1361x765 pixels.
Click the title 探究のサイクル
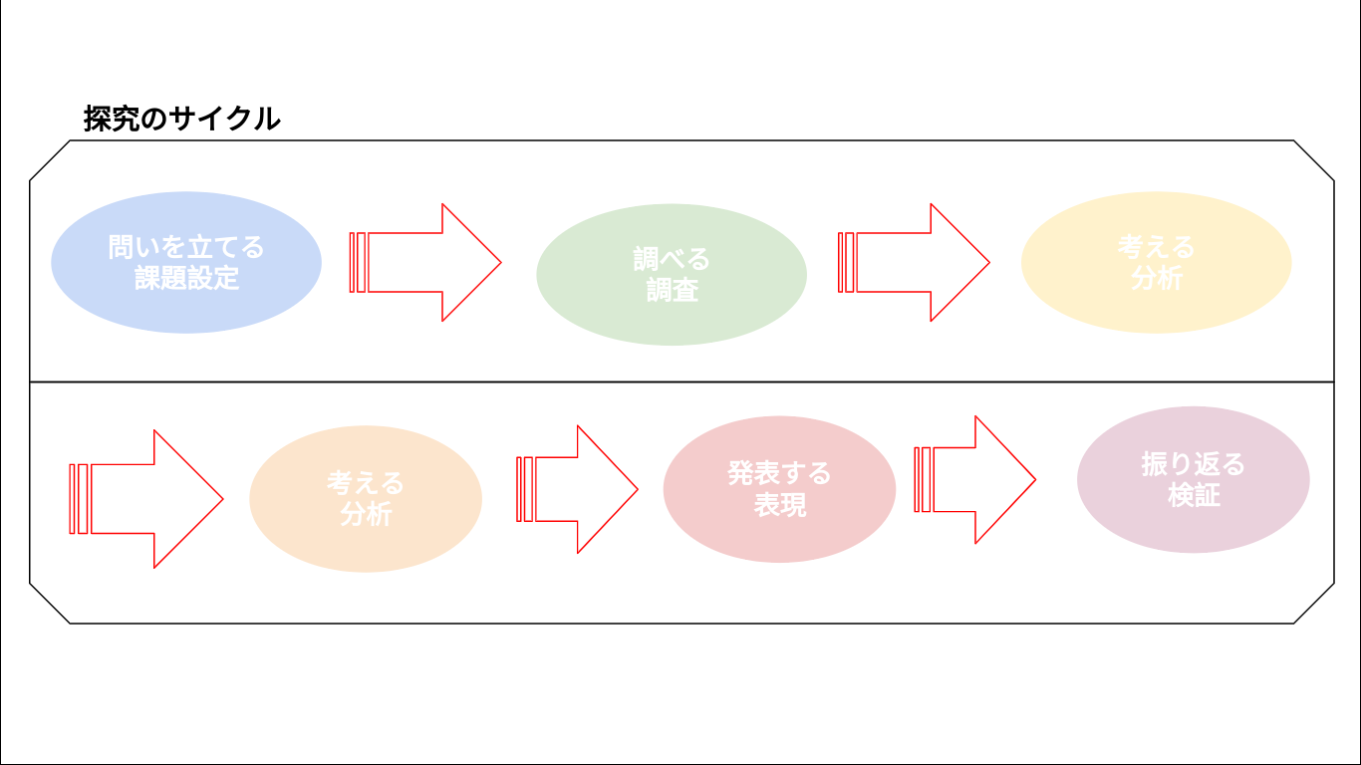(x=181, y=119)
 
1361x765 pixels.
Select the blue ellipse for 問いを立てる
(x=186, y=263)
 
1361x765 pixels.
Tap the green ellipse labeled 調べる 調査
(x=672, y=275)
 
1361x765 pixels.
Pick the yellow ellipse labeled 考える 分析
(x=1156, y=263)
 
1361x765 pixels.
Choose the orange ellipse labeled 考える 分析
(x=366, y=499)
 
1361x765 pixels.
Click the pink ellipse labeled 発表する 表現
(x=779, y=489)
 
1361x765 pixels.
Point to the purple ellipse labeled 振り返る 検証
(x=1194, y=479)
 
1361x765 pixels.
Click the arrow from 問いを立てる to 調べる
(x=425, y=263)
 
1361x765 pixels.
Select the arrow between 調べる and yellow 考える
(x=914, y=263)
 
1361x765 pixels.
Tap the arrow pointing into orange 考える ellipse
(x=146, y=499)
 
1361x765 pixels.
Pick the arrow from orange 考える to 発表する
(x=577, y=489)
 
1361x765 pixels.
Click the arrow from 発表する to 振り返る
(x=975, y=479)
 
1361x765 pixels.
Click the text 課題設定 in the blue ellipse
(x=186, y=278)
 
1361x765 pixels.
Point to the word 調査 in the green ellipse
(x=672, y=291)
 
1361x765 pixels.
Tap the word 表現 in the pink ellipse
(x=780, y=505)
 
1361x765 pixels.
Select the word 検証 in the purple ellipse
(x=1194, y=495)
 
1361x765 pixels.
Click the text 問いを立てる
(x=186, y=247)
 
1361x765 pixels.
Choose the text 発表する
(x=779, y=473)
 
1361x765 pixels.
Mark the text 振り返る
(x=1194, y=464)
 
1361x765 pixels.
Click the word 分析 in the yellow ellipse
(x=1157, y=278)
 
